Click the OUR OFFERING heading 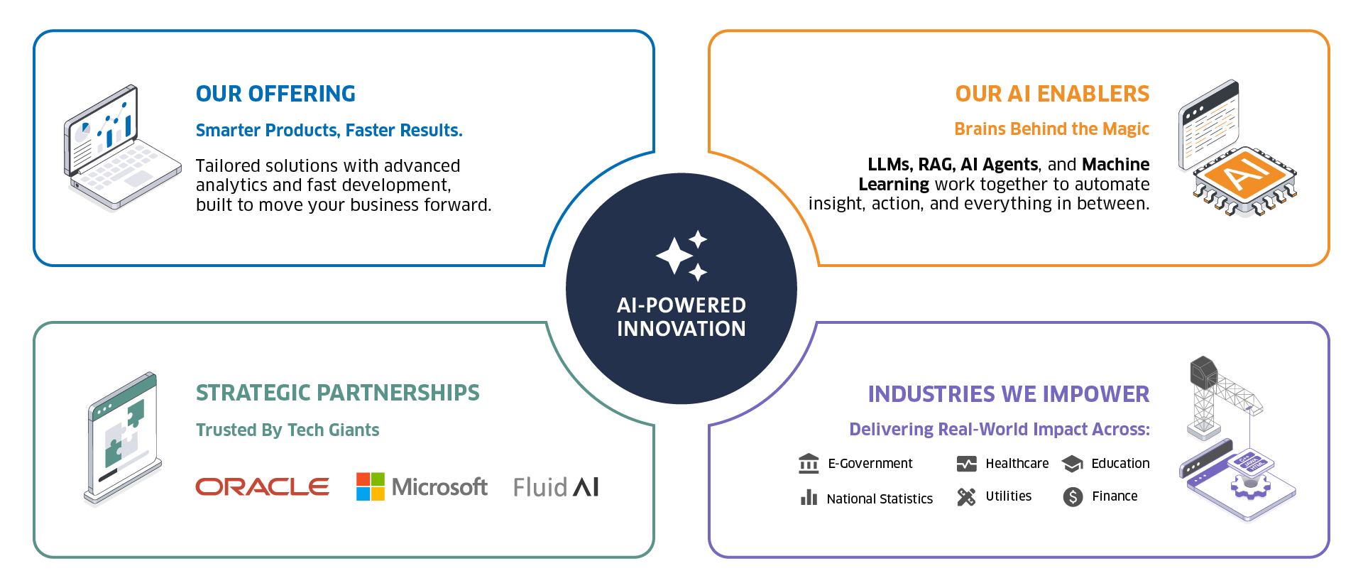(275, 94)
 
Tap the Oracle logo (262, 486)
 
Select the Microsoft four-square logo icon (370, 486)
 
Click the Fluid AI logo (556, 486)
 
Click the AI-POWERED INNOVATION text (681, 317)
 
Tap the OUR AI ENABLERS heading (1052, 94)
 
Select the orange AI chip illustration (1244, 179)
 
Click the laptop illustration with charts (121, 149)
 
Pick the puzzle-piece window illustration (123, 438)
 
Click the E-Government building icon (809, 464)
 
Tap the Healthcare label (1017, 464)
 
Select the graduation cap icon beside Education (1072, 464)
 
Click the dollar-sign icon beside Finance (1073, 496)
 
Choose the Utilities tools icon (966, 496)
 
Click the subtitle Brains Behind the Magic (1051, 129)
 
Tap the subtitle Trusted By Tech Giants (288, 430)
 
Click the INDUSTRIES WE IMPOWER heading (1008, 394)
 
